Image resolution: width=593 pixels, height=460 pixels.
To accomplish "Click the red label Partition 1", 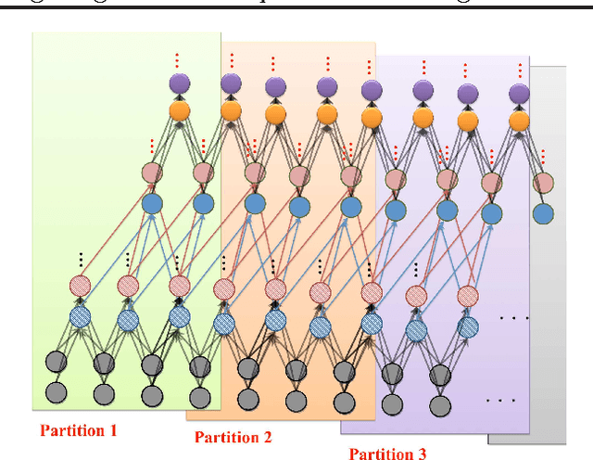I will click(x=78, y=430).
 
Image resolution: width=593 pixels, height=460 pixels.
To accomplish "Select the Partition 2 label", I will click(x=233, y=438).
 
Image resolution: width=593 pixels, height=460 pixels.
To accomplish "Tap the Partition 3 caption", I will click(x=387, y=454).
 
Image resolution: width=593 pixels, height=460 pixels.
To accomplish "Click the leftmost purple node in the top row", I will click(x=179, y=83).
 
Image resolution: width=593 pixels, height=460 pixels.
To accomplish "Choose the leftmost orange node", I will click(x=179, y=111).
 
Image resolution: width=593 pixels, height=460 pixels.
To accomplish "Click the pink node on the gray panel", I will click(x=544, y=183).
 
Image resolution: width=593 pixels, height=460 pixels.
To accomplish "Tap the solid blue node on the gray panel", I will click(x=544, y=214).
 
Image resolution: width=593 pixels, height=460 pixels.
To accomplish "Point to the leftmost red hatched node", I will click(x=81, y=286).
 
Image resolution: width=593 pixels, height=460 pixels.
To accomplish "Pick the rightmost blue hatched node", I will click(x=468, y=326).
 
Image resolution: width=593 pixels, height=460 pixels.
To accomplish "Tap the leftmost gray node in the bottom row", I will click(x=57, y=392).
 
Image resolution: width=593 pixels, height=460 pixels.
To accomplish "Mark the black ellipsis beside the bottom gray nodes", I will click(x=500, y=402).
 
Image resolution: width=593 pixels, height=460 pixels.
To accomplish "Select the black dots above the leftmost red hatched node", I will click(x=81, y=261).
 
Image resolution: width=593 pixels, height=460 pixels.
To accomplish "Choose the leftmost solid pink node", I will click(x=152, y=172).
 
